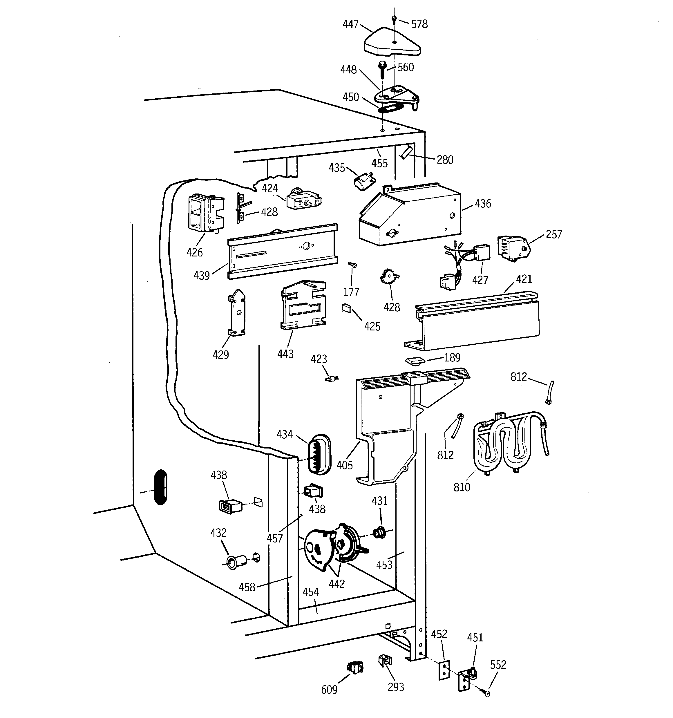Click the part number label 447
tap(350, 24)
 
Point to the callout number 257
tap(553, 234)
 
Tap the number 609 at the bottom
tap(329, 690)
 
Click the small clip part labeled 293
tap(385, 661)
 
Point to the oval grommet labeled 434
tap(319, 454)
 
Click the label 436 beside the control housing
tap(483, 204)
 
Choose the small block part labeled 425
tap(346, 308)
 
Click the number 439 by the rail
tap(201, 276)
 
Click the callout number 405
tap(344, 465)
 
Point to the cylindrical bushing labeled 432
tap(235, 561)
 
